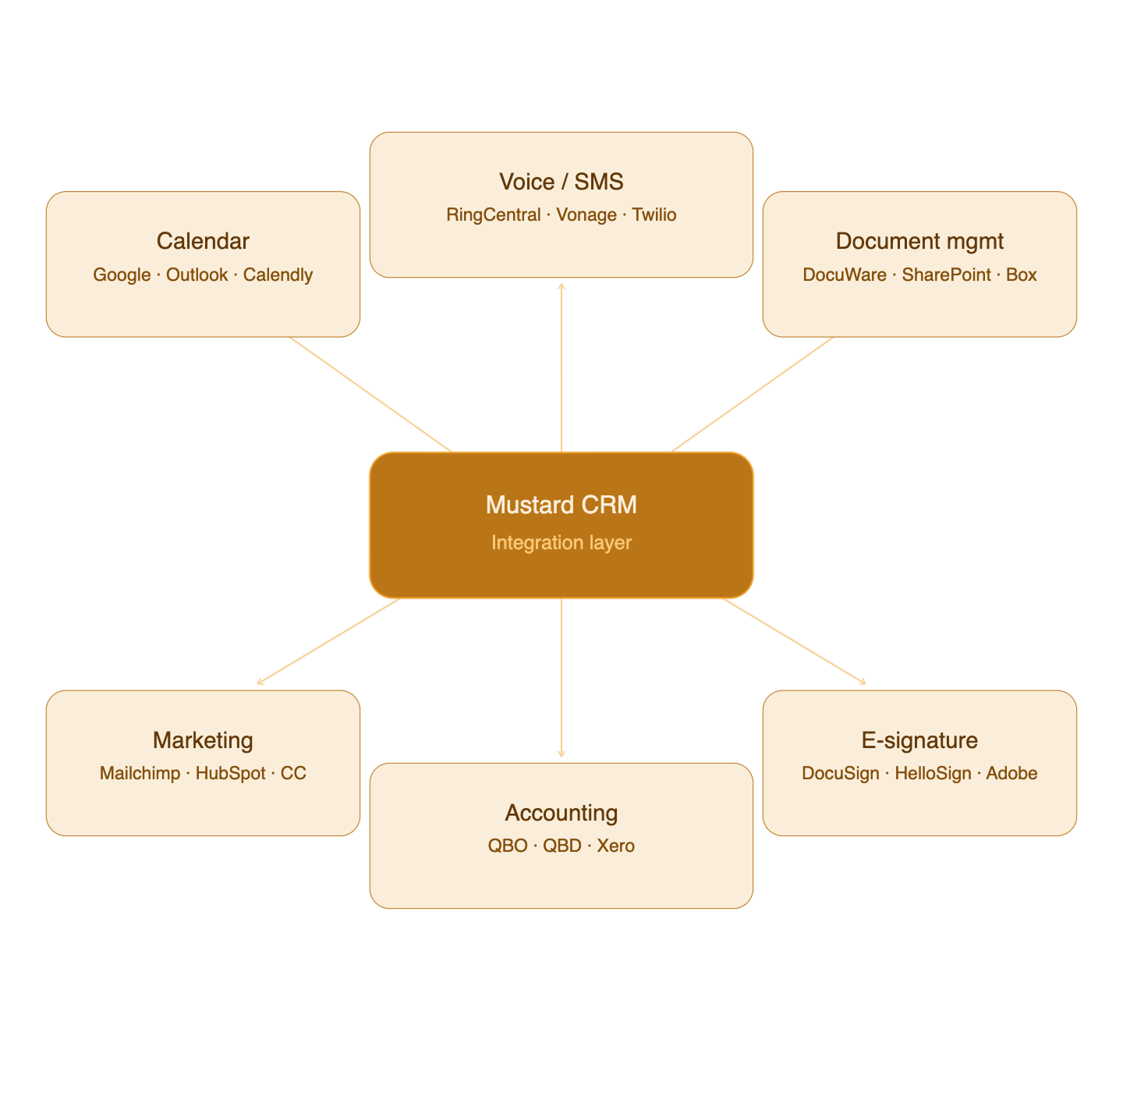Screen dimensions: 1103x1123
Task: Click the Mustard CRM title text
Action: pyautogui.click(x=561, y=505)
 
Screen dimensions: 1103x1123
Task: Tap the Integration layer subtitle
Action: pyautogui.click(x=561, y=543)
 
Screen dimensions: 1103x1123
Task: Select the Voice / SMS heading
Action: pyautogui.click(x=561, y=182)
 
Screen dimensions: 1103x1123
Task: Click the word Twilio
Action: pyautogui.click(x=654, y=215)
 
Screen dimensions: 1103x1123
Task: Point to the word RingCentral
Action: pyautogui.click(x=493, y=215)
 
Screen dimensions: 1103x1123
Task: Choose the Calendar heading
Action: pyautogui.click(x=203, y=241)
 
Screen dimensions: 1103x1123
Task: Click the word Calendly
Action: pyautogui.click(x=278, y=275)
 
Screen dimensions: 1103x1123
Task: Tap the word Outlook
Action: pyautogui.click(x=197, y=275)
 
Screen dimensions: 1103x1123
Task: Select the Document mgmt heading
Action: pyautogui.click(x=919, y=241)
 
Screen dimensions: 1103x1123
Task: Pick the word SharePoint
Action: pyautogui.click(x=946, y=275)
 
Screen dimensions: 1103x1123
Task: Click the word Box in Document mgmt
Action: pyautogui.click(x=1021, y=275)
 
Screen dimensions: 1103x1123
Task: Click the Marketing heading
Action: pyautogui.click(x=203, y=740)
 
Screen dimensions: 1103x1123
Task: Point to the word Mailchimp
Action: pyautogui.click(x=140, y=774)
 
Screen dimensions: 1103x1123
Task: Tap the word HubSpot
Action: pyautogui.click(x=230, y=774)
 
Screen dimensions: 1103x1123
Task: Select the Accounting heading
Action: pyautogui.click(x=561, y=813)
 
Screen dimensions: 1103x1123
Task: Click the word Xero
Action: pyautogui.click(x=615, y=846)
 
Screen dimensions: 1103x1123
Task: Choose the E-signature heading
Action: pyautogui.click(x=919, y=740)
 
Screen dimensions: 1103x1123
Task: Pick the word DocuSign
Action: pyautogui.click(x=840, y=774)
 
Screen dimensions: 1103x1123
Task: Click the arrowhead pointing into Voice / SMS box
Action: pyautogui.click(x=561, y=286)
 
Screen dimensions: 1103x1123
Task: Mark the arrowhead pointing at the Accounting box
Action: pyautogui.click(x=561, y=754)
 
